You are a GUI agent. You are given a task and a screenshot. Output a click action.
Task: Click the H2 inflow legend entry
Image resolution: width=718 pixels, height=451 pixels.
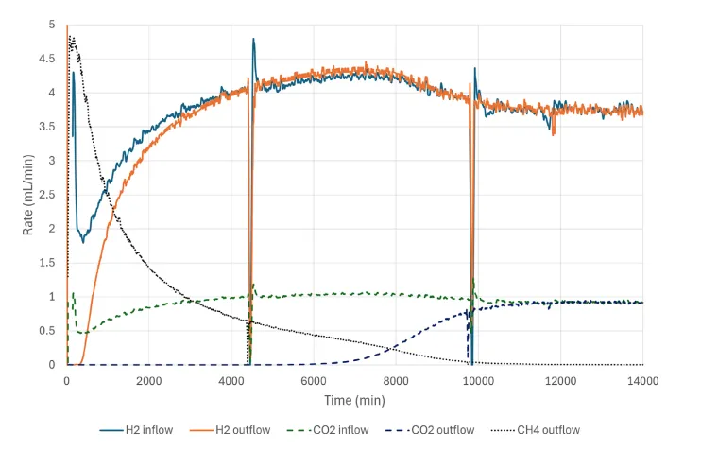coord(137,430)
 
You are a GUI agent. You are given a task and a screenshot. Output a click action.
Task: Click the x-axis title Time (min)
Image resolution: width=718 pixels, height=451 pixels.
coord(354,401)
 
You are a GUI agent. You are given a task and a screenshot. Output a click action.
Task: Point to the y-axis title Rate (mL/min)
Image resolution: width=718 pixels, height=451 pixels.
coord(30,195)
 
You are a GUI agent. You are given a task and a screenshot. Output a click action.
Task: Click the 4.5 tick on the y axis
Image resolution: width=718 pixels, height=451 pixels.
coord(52,59)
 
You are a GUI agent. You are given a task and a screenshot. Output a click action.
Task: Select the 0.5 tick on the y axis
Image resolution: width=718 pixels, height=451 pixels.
coord(52,331)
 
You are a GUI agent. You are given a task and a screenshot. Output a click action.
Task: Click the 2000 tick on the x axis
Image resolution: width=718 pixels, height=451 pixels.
coord(149,380)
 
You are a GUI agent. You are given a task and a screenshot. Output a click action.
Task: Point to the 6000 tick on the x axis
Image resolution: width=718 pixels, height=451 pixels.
coord(314,380)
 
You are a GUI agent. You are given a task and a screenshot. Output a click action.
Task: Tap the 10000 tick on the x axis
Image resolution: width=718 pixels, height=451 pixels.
coord(478,380)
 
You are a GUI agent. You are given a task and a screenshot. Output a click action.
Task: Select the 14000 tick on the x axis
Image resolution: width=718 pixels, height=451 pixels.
coord(642,380)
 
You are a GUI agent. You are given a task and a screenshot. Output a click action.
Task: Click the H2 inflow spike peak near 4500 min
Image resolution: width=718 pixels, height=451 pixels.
coord(253,39)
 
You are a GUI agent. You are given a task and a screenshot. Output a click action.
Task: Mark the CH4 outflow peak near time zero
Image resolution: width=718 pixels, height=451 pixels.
coord(71,37)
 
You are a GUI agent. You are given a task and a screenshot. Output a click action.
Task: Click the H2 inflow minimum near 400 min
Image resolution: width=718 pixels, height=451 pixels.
coord(83,242)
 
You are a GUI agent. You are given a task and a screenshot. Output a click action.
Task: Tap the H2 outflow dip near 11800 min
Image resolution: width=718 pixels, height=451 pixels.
coord(554,134)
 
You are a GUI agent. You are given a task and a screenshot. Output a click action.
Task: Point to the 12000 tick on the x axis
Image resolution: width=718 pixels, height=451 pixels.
coord(560,380)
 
